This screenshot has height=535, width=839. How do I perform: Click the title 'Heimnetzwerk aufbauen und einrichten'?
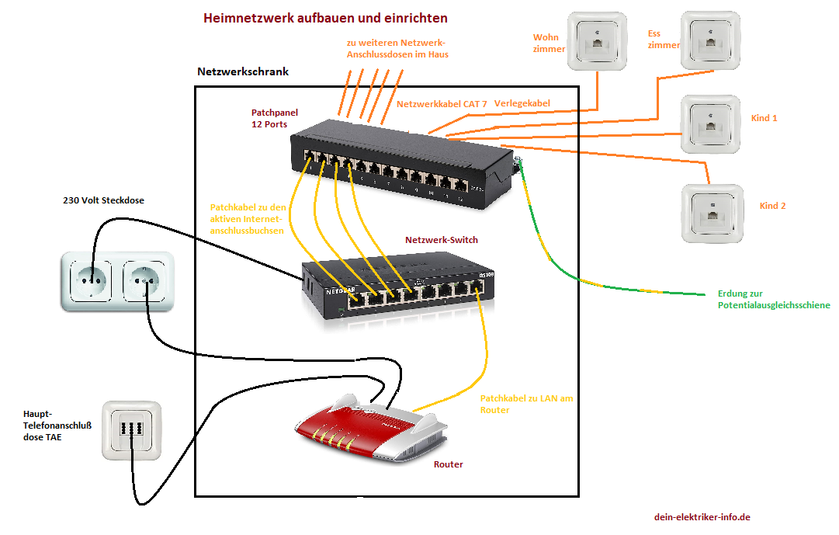coord(325,18)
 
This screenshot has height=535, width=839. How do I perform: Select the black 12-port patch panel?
coord(402,169)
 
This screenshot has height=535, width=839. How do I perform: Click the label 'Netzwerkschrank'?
coord(243,71)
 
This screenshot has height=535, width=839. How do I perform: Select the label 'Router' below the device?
coord(449,464)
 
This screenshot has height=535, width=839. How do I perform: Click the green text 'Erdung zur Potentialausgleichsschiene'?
coord(774,300)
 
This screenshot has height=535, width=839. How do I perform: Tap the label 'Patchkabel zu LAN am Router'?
coord(526,404)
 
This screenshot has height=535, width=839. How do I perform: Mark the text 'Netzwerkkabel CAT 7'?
coord(442,103)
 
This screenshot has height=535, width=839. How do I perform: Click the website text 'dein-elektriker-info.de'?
coord(702,517)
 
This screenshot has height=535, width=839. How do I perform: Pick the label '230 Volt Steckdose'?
coord(103,200)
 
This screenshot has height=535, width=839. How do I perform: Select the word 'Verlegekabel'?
coord(522,103)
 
